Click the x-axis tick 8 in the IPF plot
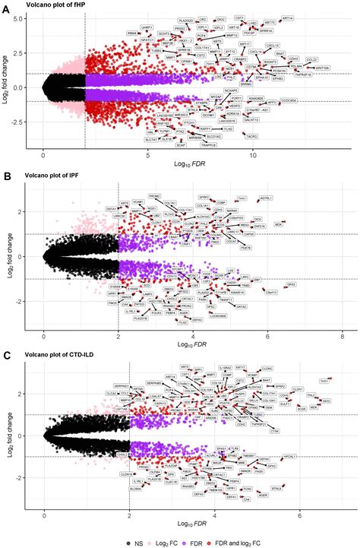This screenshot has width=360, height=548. tap(343, 335)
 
